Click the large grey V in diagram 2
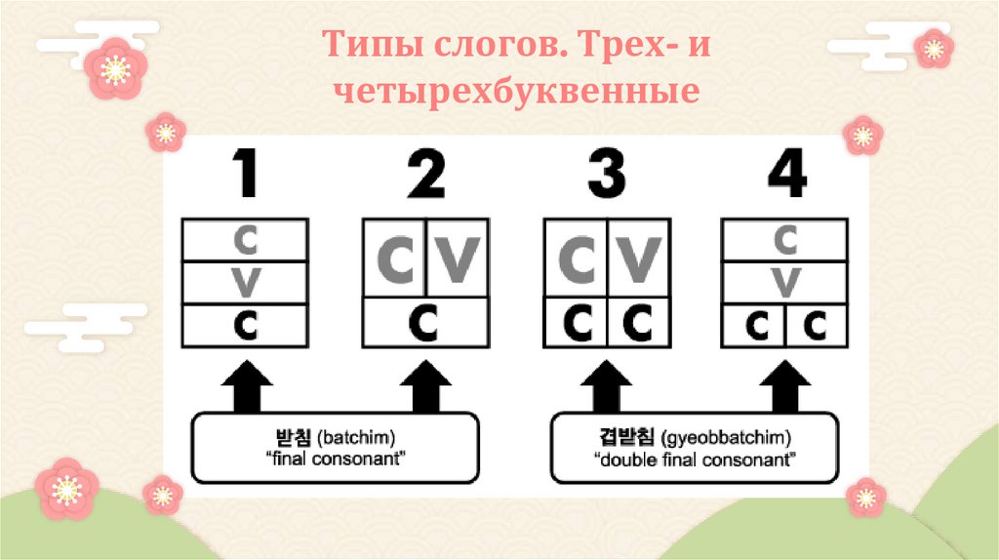click(455, 259)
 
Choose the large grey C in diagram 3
click(577, 259)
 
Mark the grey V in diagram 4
click(784, 283)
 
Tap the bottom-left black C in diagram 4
click(753, 326)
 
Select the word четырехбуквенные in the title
click(516, 93)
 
